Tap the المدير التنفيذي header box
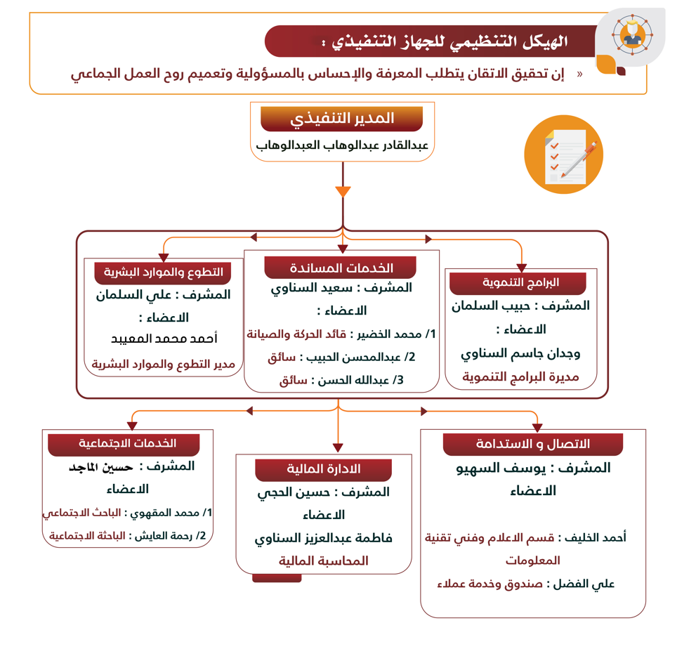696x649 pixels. pyautogui.click(x=342, y=119)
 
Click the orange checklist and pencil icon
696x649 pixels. pyautogui.click(x=563, y=154)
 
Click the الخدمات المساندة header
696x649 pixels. pyautogui.click(x=341, y=268)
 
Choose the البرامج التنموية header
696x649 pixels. pyautogui.click(x=520, y=283)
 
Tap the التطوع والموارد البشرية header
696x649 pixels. pyautogui.click(x=164, y=272)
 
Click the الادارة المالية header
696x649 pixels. pyautogui.click(x=324, y=469)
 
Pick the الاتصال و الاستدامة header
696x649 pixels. pyautogui.click(x=533, y=444)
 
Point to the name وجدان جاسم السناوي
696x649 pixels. pyautogui.click(x=520, y=353)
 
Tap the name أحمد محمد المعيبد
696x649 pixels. pyautogui.click(x=164, y=339)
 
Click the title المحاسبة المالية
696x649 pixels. pyautogui.click(x=324, y=560)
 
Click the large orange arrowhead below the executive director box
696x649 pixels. pyautogui.click(x=343, y=191)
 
